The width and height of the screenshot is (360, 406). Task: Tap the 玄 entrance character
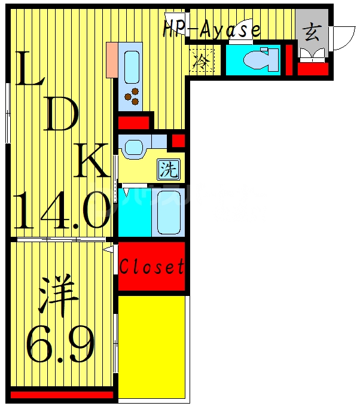point(311,31)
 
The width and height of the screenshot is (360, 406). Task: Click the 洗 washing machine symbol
point(169,170)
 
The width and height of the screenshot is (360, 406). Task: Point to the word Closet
point(151,267)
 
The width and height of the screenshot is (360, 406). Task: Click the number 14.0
point(62,210)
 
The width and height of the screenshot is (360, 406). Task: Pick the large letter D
point(62,115)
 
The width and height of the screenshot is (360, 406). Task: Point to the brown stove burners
point(131,94)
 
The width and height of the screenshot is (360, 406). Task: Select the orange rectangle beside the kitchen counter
point(111,60)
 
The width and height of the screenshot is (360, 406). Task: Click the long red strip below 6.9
point(62,395)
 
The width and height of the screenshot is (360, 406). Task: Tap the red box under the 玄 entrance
point(313,69)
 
